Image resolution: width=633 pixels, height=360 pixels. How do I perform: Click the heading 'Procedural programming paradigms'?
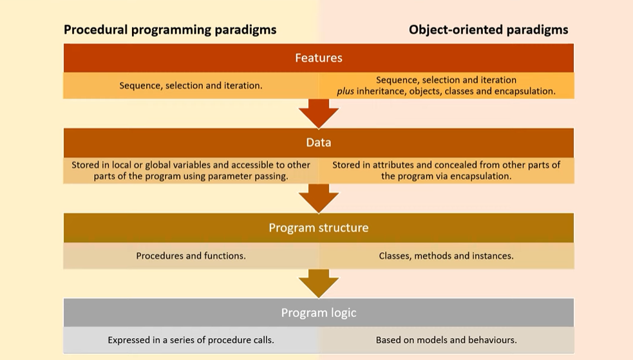[170, 30]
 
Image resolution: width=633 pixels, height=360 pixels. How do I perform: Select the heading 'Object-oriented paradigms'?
[488, 30]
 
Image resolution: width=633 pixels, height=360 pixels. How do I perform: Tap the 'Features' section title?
[318, 58]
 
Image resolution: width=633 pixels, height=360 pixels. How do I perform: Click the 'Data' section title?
[318, 142]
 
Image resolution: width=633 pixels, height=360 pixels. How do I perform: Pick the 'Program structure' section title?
[318, 228]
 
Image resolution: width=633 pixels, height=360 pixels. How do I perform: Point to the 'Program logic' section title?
[318, 313]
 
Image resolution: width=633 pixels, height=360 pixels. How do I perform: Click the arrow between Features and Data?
[318, 113]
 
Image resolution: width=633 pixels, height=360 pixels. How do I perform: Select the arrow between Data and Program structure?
[318, 198]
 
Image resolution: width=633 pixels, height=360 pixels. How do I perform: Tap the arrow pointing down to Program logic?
[318, 283]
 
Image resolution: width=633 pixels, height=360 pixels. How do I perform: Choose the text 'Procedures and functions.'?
[191, 256]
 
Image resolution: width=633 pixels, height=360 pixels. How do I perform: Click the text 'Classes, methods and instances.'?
[446, 256]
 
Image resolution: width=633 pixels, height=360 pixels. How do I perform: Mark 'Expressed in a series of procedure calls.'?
[191, 340]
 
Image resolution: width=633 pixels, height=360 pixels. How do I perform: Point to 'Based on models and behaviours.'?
[446, 340]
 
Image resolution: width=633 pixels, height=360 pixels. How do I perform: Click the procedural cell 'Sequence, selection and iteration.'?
[191, 85]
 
